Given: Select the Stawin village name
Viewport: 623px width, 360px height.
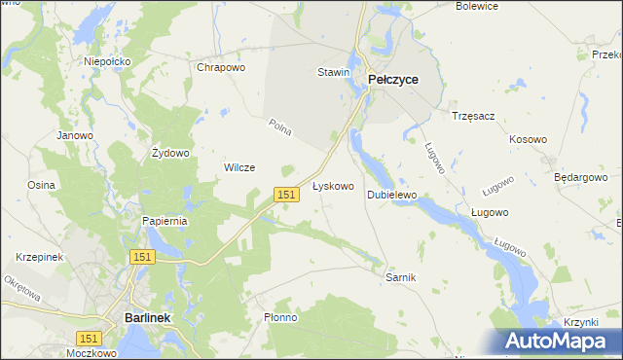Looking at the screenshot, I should point(333,72).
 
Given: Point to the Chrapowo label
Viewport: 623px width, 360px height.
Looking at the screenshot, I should point(221,67).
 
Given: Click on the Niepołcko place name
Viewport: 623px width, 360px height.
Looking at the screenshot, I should point(107,61).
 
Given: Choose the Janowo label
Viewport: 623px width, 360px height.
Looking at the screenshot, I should point(75,135).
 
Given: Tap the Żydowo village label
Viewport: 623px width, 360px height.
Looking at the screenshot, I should point(170,153).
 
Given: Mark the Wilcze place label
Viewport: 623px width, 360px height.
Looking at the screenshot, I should point(239,167).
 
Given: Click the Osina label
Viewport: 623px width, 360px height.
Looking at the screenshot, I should point(41,184).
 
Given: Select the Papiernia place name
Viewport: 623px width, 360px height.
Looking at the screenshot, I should point(165,221).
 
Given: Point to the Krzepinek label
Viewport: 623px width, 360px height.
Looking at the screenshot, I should point(39,257).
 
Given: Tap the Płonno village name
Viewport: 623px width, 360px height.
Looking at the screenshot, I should point(280,317).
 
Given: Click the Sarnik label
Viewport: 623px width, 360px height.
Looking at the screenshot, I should point(401,277).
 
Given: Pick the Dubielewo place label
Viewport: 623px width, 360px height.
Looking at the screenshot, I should point(391,195).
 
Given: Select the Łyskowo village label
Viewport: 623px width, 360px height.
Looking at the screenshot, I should point(332,185).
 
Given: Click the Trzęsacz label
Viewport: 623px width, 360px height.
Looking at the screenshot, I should point(473,116).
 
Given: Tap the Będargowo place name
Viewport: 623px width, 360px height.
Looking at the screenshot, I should point(580,178).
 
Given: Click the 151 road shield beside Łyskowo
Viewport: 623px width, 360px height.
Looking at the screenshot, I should point(285,195).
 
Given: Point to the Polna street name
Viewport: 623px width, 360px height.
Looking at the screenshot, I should point(280,127).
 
